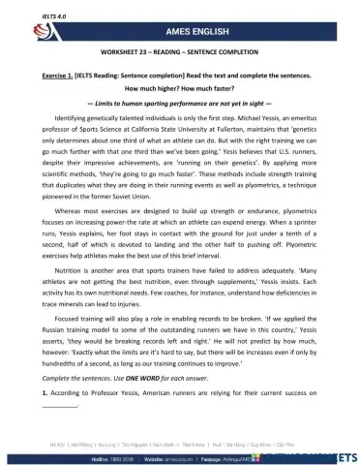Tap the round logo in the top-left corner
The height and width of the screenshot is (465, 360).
click(20, 29)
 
